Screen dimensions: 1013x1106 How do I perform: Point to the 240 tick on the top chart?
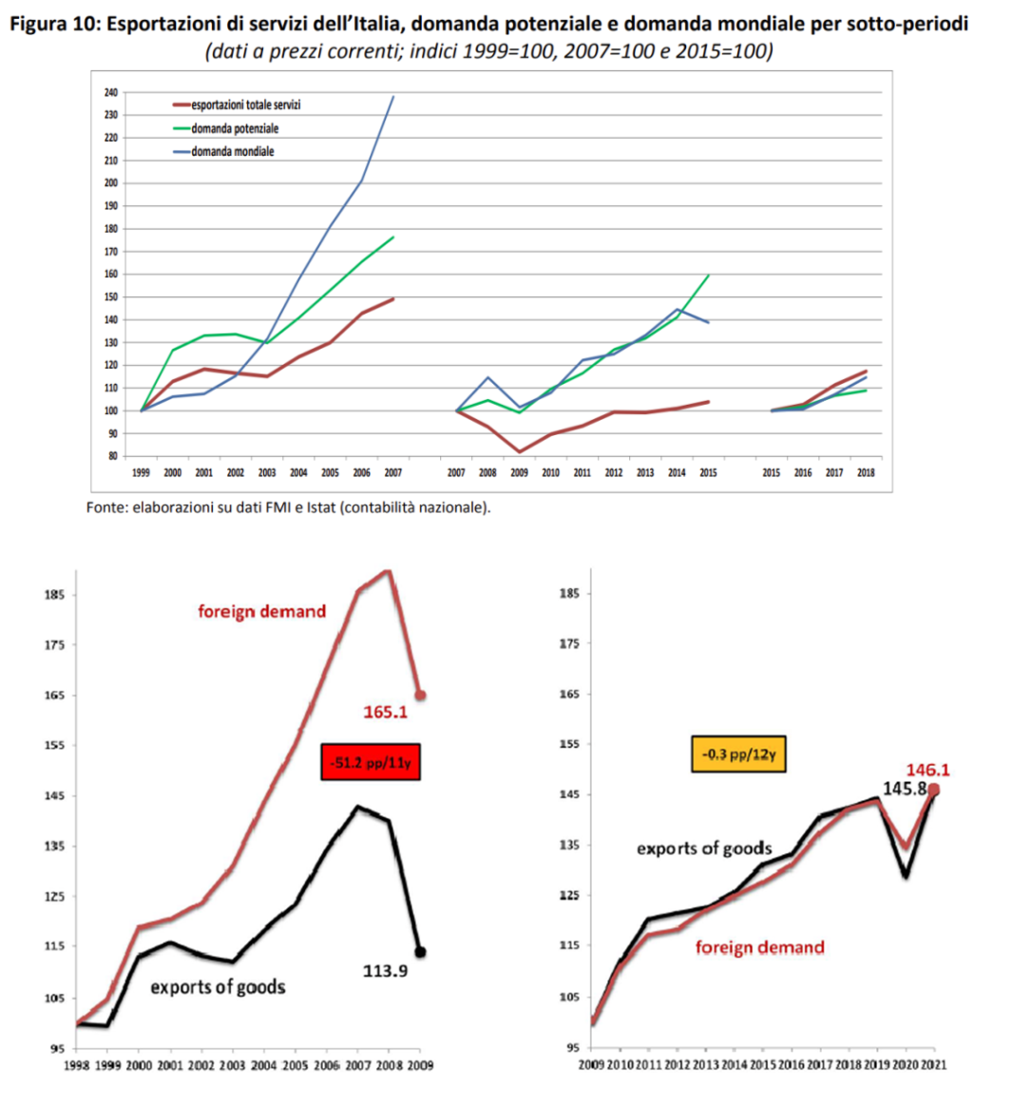[111, 92]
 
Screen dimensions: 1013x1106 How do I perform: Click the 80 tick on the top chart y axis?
[113, 456]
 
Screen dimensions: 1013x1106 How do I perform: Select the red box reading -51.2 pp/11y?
[371, 762]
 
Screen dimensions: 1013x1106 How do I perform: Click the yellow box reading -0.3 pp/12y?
[738, 754]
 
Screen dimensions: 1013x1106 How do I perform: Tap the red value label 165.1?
[385, 713]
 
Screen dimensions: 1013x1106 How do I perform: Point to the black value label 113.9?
[385, 971]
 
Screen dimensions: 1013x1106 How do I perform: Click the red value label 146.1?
[927, 771]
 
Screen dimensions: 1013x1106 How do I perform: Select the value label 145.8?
[905, 789]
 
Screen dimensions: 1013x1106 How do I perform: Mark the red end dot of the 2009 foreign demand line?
[420, 696]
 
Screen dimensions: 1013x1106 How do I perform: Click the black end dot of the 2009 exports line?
[420, 952]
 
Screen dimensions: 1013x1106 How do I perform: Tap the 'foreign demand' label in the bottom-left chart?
[261, 611]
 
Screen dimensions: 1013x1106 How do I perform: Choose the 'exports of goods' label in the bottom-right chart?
[704, 849]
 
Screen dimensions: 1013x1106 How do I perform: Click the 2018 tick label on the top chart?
[866, 472]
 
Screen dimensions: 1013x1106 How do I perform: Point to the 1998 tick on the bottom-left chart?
[76, 1065]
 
